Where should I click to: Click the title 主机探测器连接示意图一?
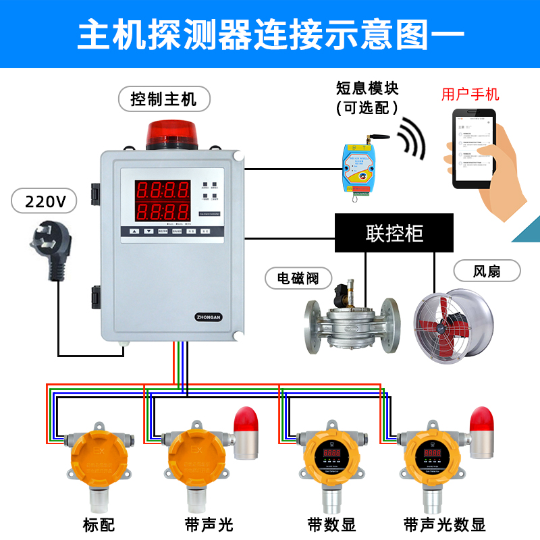click(x=270, y=34)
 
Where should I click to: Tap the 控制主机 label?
click(x=163, y=99)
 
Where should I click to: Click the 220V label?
click(x=44, y=202)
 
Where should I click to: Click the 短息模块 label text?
click(x=368, y=88)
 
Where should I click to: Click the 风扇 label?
click(x=487, y=271)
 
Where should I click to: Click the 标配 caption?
click(x=99, y=524)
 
